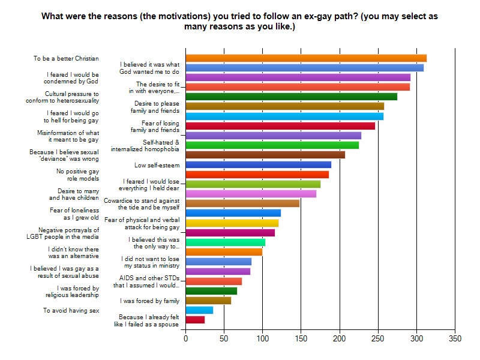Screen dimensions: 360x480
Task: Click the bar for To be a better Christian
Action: [x=306, y=58]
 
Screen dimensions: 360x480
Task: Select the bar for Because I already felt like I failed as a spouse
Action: [x=195, y=320]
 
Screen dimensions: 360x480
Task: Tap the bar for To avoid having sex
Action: [x=199, y=310]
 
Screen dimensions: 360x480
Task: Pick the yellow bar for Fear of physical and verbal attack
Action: [x=232, y=223]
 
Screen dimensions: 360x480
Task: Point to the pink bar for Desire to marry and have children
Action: [x=251, y=194]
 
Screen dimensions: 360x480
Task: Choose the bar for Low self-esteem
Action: [x=258, y=164]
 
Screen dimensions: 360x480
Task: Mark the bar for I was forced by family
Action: [x=208, y=301]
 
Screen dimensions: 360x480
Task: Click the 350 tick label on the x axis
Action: [x=455, y=339]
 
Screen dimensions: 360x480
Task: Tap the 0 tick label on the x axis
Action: [x=185, y=339]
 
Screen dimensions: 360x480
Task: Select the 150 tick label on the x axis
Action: [x=301, y=339]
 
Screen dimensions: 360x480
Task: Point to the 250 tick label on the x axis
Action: [x=378, y=339]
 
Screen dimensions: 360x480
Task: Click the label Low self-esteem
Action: [x=157, y=165]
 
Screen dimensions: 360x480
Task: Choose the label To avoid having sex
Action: [x=71, y=311]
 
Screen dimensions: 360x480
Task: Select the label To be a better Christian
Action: [x=66, y=59]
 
